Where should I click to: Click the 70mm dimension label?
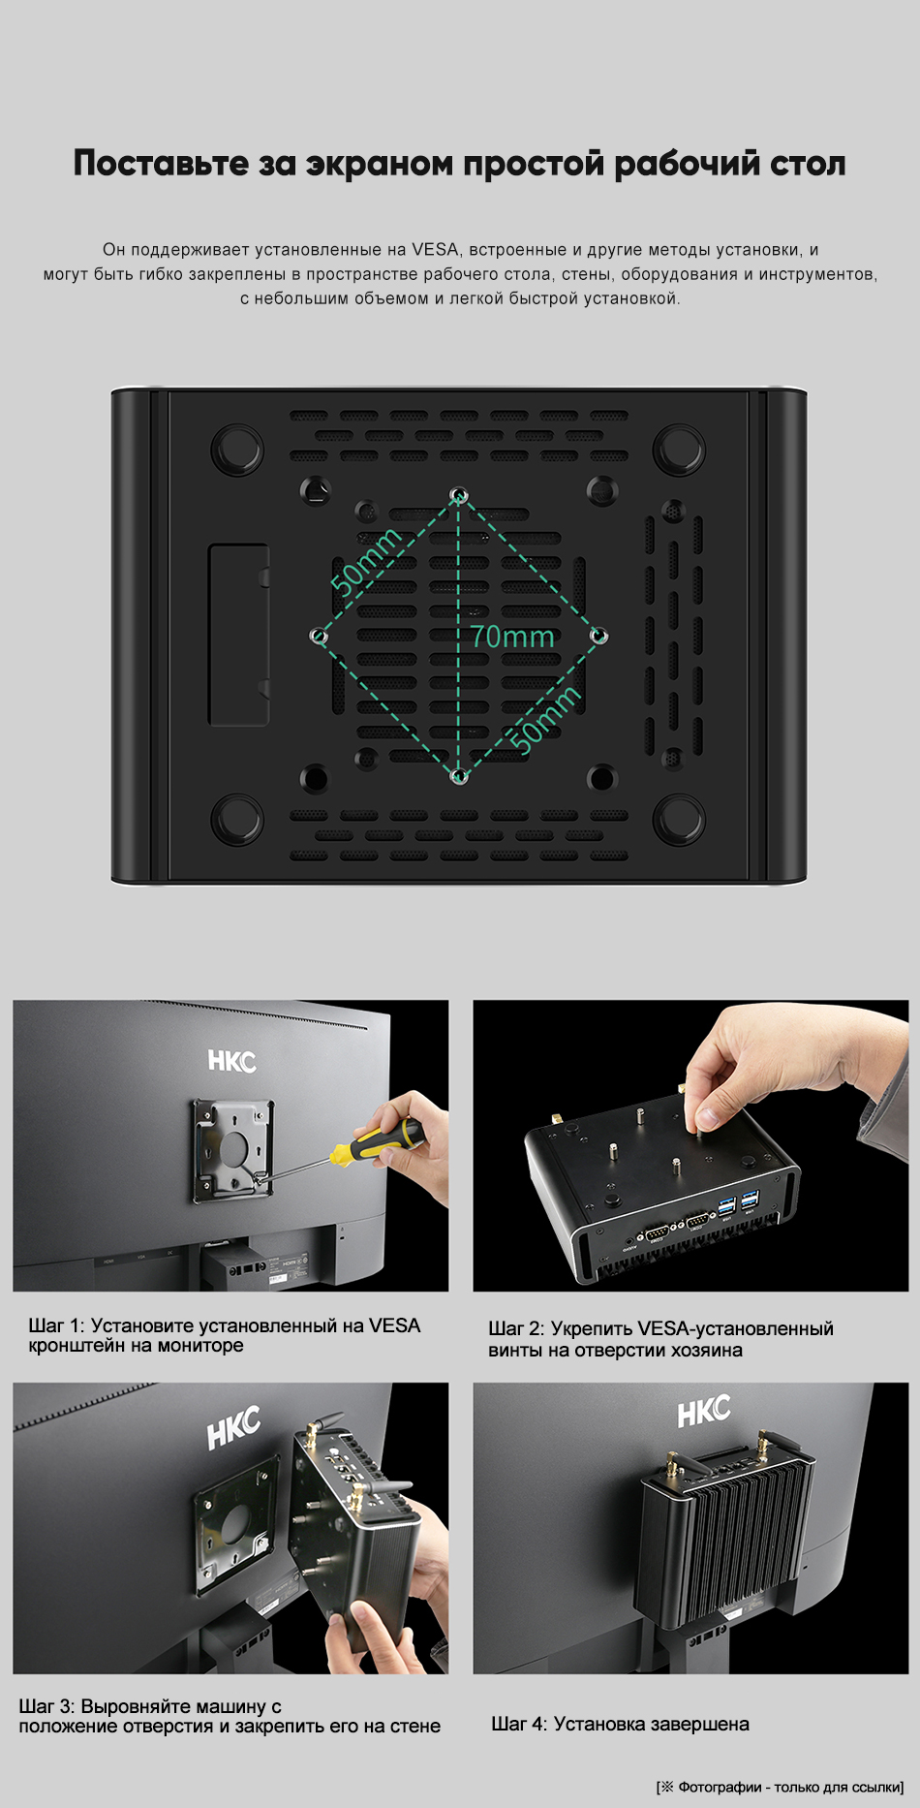[x=512, y=637]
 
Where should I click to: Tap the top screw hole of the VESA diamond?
[x=459, y=496]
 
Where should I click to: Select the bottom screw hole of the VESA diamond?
[x=461, y=776]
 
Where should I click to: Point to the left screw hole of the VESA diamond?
[x=319, y=636]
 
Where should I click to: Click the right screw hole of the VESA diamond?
[x=599, y=636]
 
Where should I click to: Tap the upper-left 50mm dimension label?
[x=366, y=561]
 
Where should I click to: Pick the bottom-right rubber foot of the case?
[x=679, y=819]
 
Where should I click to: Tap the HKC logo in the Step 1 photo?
[x=231, y=1061]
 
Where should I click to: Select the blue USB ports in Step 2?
[x=739, y=1207]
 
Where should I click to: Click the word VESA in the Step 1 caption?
[x=394, y=1325]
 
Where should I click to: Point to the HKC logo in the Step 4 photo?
[x=704, y=1412]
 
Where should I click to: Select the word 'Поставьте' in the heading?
[x=161, y=163]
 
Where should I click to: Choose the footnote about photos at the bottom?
[x=781, y=1787]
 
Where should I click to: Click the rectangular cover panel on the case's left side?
[x=238, y=635]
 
